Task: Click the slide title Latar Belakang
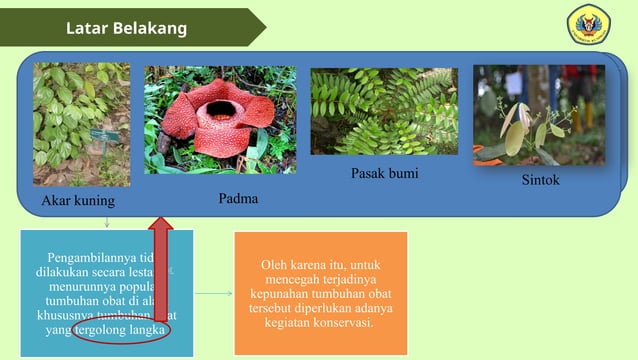pyautogui.click(x=126, y=28)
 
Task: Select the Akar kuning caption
pyautogui.click(x=78, y=201)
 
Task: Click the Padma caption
pyautogui.click(x=238, y=199)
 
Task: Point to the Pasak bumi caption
pyautogui.click(x=384, y=174)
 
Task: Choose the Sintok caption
pyautogui.click(x=540, y=180)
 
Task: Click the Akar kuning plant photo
pyautogui.click(x=81, y=124)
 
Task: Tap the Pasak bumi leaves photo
pyautogui.click(x=384, y=111)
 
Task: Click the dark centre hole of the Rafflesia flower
pyautogui.click(x=218, y=103)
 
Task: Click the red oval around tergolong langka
pyautogui.click(x=120, y=331)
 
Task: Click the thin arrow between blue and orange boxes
pyautogui.click(x=213, y=294)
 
